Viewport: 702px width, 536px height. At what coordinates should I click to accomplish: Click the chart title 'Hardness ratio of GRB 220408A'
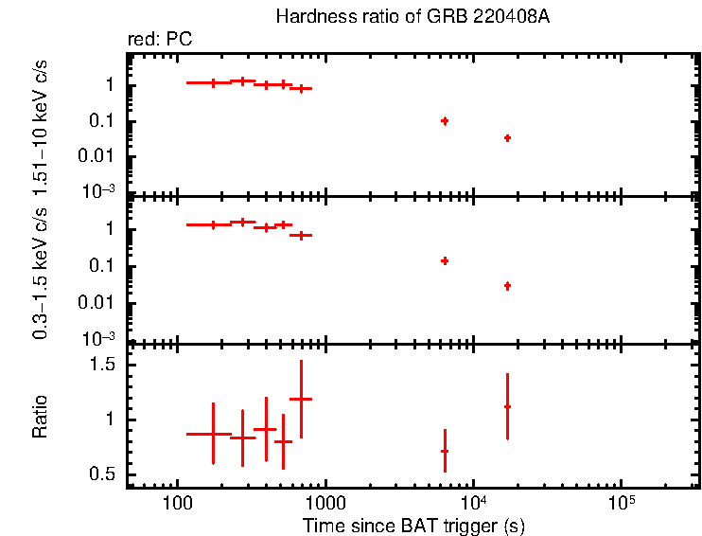pyautogui.click(x=412, y=17)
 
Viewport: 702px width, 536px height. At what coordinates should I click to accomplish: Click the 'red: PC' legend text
pyautogui.click(x=167, y=40)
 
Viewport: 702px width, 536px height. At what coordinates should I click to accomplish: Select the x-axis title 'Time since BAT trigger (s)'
pyautogui.click(x=413, y=525)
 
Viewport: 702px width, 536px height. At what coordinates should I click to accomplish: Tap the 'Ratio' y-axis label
pyautogui.click(x=41, y=419)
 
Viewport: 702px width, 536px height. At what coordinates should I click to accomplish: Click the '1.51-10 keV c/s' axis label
pyautogui.click(x=41, y=123)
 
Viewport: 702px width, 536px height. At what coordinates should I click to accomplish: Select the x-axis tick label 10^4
pyautogui.click(x=473, y=500)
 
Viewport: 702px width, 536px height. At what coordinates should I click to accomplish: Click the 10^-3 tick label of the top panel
pyautogui.click(x=100, y=190)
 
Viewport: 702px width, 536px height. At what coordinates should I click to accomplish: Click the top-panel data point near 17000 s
pyautogui.click(x=508, y=138)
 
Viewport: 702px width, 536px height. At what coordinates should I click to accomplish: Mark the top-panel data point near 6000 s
pyautogui.click(x=445, y=121)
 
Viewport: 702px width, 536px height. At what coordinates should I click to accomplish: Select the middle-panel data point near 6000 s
pyautogui.click(x=445, y=260)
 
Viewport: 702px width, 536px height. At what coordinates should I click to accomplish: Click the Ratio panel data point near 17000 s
pyautogui.click(x=508, y=406)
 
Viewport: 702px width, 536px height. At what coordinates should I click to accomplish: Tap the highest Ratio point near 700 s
pyautogui.click(x=301, y=399)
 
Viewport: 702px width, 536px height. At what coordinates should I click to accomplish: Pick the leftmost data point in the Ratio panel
pyautogui.click(x=213, y=433)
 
